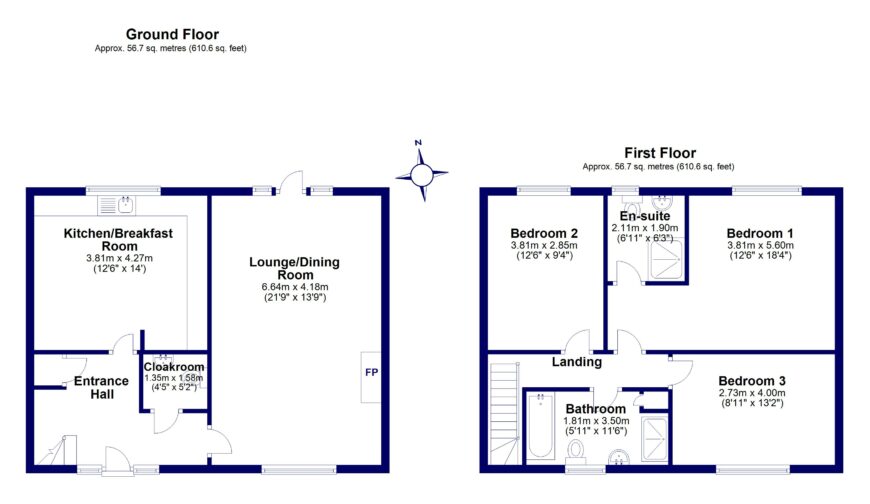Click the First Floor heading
660,151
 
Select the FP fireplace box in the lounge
372,375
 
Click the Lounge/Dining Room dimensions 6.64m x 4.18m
294,286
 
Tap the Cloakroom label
174,366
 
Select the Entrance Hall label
100,387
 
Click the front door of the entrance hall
118,459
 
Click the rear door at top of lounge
292,181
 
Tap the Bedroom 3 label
753,381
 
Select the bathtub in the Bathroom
541,424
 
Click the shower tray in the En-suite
665,260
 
